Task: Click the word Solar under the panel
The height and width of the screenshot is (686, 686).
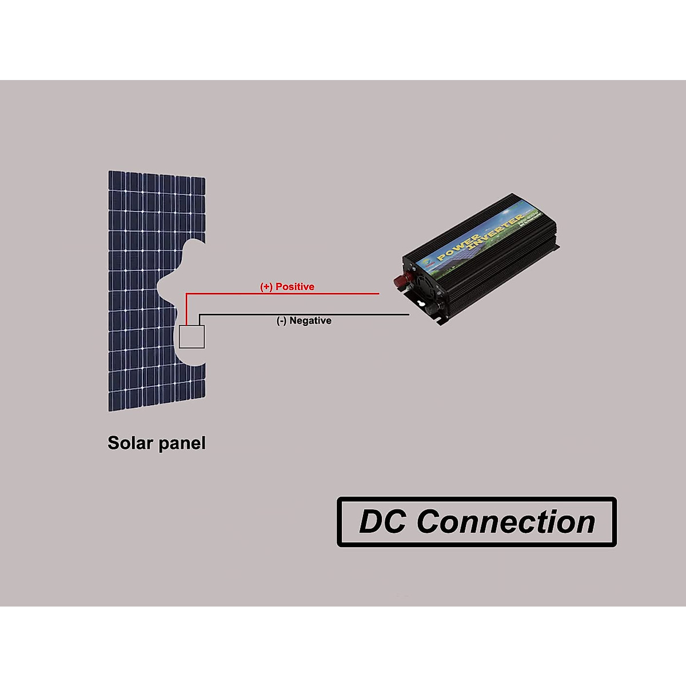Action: (x=130, y=443)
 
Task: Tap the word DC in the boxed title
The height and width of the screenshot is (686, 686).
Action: (x=382, y=522)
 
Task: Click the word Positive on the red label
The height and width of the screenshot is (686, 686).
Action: (x=295, y=287)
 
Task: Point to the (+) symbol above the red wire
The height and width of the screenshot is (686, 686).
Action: (x=266, y=287)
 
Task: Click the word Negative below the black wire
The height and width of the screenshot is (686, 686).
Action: (x=310, y=321)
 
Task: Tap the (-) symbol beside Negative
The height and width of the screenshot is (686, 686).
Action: (x=282, y=321)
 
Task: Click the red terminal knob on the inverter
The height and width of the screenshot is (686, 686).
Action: (x=400, y=280)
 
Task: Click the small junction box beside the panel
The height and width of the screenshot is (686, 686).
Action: (x=192, y=337)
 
